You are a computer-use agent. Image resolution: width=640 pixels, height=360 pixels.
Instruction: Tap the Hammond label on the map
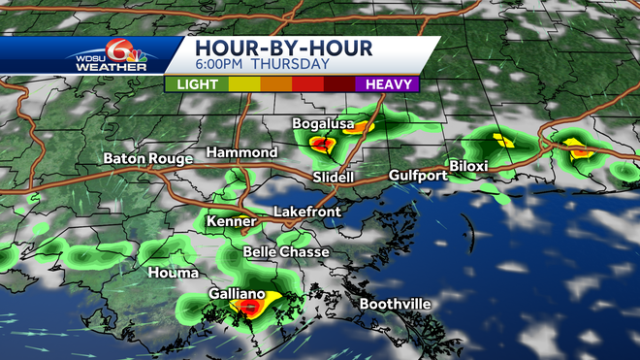242,153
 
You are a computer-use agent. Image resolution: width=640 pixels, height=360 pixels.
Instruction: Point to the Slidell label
334,178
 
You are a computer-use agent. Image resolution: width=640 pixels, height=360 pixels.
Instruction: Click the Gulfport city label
418,176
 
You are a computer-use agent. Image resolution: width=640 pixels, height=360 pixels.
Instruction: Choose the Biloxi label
468,166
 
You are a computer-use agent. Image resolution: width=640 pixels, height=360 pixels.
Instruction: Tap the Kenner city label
230,221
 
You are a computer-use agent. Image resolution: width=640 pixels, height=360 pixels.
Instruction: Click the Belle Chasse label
286,252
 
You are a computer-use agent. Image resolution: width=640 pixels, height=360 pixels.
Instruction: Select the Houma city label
173,273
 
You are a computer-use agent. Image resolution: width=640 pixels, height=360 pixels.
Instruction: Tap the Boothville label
396,305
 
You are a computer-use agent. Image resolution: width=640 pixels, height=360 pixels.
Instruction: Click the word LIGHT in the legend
197,83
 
